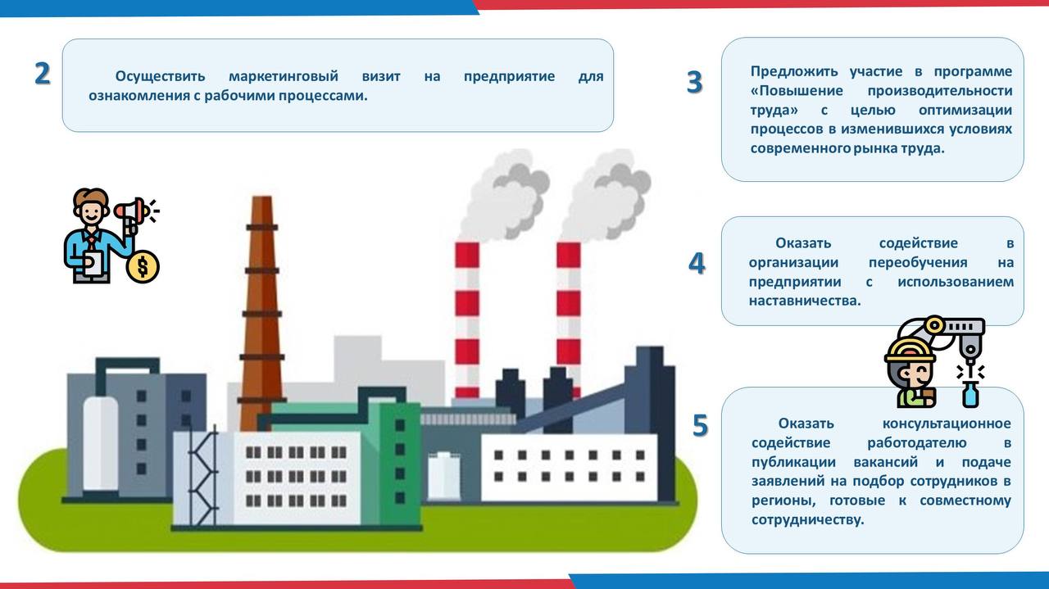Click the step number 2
tap(43, 74)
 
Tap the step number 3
tap(694, 83)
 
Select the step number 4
tap(696, 263)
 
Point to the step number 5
tap(699, 426)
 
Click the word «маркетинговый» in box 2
tap(283, 76)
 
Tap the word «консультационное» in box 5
tap(947, 424)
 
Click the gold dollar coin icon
tap(143, 266)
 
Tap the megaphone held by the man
tap(131, 211)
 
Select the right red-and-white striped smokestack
tap(568, 311)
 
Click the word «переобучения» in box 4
tap(917, 262)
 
